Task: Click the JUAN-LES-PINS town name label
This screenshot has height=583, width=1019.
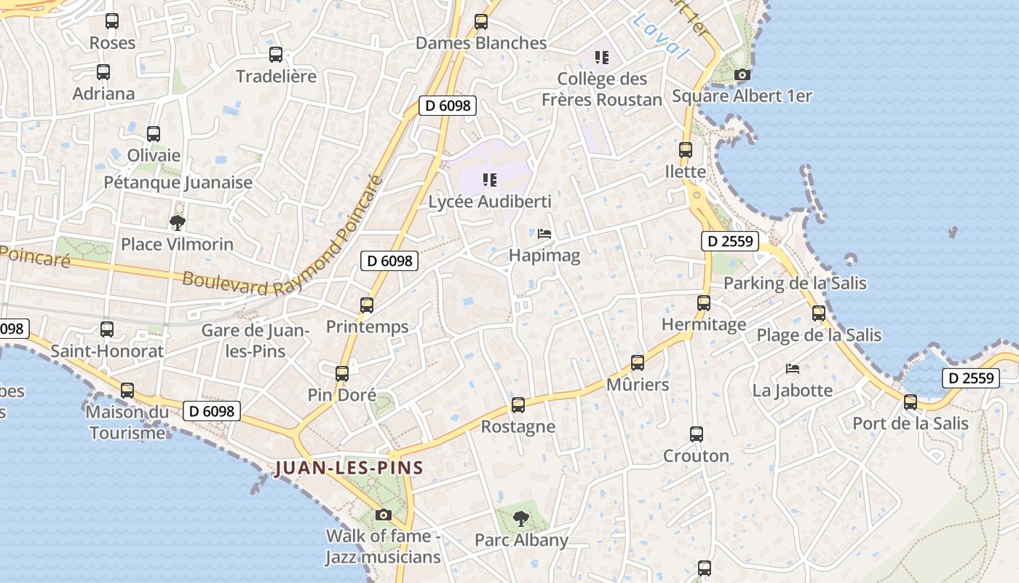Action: tap(349, 468)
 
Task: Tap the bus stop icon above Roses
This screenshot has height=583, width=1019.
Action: tap(112, 21)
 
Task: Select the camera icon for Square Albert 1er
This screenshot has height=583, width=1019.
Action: tap(742, 74)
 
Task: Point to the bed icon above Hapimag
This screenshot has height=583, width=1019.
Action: tap(544, 234)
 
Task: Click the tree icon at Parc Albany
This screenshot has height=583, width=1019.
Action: tap(520, 519)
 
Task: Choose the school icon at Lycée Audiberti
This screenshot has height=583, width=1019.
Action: tap(489, 179)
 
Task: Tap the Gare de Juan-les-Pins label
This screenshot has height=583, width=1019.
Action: tap(255, 340)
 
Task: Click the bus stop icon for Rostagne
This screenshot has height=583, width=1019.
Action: tap(518, 405)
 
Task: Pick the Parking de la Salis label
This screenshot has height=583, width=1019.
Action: tap(795, 283)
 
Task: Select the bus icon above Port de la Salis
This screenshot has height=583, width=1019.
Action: tap(910, 402)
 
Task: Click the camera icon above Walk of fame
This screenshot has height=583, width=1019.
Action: tap(383, 515)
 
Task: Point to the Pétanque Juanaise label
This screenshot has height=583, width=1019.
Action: tap(178, 182)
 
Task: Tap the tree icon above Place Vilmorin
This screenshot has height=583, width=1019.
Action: tap(177, 222)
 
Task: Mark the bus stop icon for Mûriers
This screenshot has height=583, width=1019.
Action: tap(638, 363)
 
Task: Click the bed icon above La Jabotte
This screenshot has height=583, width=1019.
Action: tap(793, 369)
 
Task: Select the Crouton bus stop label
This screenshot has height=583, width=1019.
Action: tap(696, 456)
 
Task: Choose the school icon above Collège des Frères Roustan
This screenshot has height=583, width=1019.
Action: tap(601, 57)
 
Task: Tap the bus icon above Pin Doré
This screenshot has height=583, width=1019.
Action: tap(342, 374)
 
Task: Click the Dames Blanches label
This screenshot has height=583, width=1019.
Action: tap(481, 43)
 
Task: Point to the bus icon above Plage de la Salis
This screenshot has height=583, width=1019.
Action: tap(819, 313)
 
